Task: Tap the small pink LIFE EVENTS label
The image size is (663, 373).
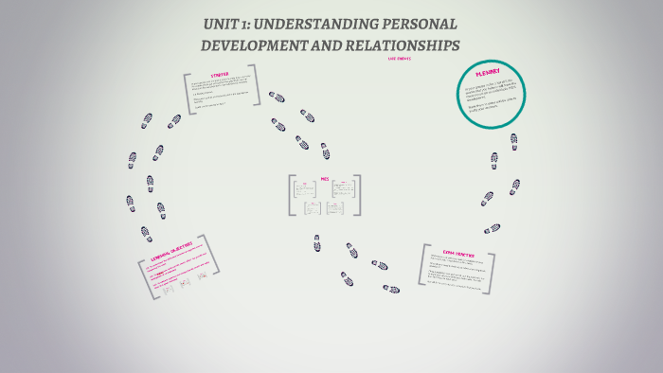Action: [x=399, y=60]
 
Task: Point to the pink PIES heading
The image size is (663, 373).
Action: [x=325, y=177]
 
